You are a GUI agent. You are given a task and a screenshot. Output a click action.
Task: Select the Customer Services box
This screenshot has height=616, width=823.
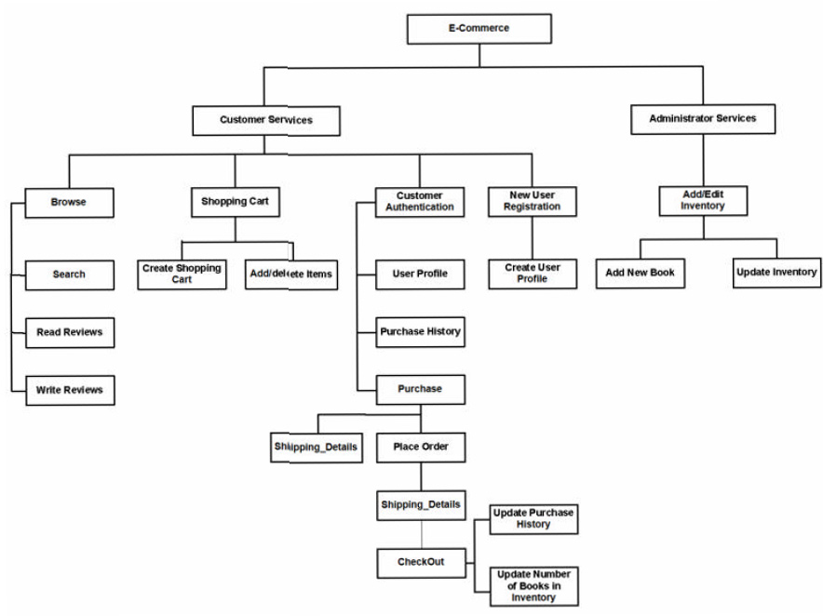click(x=265, y=120)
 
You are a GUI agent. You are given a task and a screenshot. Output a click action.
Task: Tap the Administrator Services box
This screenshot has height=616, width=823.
click(x=702, y=119)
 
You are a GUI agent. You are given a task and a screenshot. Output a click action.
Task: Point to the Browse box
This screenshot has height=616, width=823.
click(x=69, y=202)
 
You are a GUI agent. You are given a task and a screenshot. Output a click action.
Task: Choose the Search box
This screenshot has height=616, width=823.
click(x=70, y=275)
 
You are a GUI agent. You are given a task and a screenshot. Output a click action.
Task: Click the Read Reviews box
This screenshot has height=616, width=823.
click(x=70, y=332)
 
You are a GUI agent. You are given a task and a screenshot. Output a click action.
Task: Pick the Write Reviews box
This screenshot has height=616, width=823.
click(x=70, y=389)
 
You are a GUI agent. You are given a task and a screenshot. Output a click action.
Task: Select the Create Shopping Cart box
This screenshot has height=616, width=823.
click(x=182, y=274)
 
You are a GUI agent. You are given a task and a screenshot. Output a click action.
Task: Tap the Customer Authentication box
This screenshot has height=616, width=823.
click(x=419, y=202)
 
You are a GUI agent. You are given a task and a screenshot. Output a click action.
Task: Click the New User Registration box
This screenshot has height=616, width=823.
click(x=532, y=201)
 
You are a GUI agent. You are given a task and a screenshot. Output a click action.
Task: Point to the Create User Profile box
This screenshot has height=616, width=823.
click(x=533, y=274)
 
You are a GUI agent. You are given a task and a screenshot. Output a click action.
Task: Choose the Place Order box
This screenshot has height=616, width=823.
click(x=420, y=447)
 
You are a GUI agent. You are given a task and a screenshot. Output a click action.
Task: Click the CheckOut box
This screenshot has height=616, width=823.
click(x=420, y=562)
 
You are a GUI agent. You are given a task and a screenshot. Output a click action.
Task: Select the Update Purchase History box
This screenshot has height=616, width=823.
click(x=533, y=519)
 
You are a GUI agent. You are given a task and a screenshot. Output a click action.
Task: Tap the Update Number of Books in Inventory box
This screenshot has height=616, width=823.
click(x=533, y=585)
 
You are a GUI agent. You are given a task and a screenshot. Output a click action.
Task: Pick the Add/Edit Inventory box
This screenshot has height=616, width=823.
click(x=703, y=200)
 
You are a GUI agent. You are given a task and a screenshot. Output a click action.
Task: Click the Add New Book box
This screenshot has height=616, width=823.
click(x=640, y=274)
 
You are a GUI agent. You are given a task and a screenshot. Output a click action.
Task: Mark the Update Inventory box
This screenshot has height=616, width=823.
click(x=776, y=273)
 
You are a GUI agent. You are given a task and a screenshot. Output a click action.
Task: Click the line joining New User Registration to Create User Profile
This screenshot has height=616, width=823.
click(x=532, y=238)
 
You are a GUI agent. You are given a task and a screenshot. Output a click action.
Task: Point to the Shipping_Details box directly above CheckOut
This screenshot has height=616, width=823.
click(x=420, y=504)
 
